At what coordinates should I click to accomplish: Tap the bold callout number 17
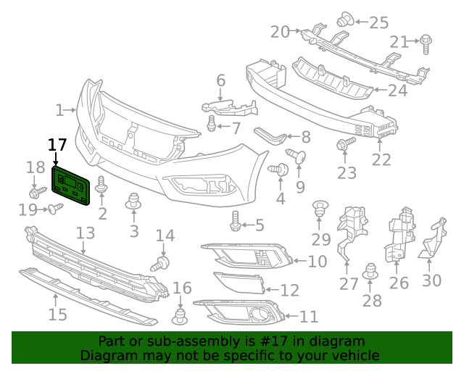(57, 144)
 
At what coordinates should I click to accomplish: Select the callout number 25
(378, 22)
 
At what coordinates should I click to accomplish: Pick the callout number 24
(397, 91)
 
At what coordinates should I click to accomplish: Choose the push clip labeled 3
(133, 202)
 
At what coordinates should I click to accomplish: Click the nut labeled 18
(35, 193)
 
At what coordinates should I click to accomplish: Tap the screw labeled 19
(55, 209)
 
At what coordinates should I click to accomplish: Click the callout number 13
(86, 233)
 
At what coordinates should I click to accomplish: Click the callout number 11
(309, 317)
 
